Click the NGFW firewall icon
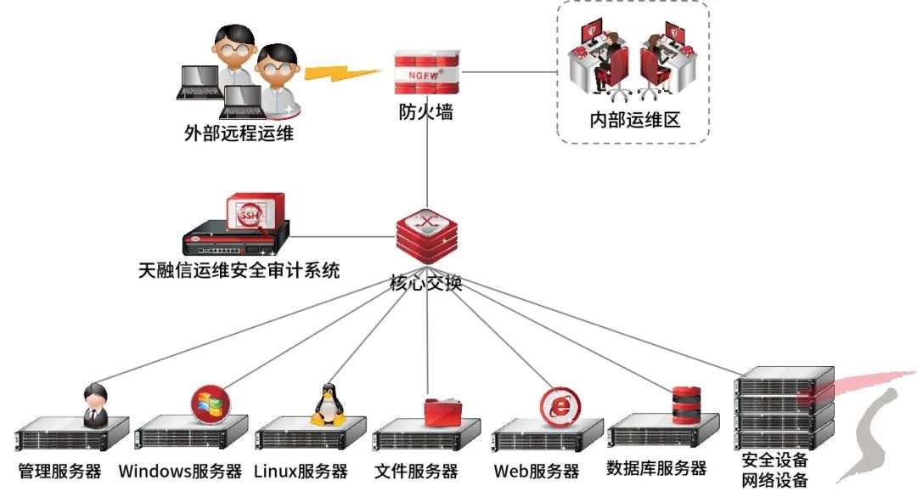coord(426,74)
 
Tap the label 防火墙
coord(426,111)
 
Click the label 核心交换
coord(426,283)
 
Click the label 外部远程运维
coord(239,133)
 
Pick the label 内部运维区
coord(635,120)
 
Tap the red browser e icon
coord(560,406)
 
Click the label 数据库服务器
coord(657,468)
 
